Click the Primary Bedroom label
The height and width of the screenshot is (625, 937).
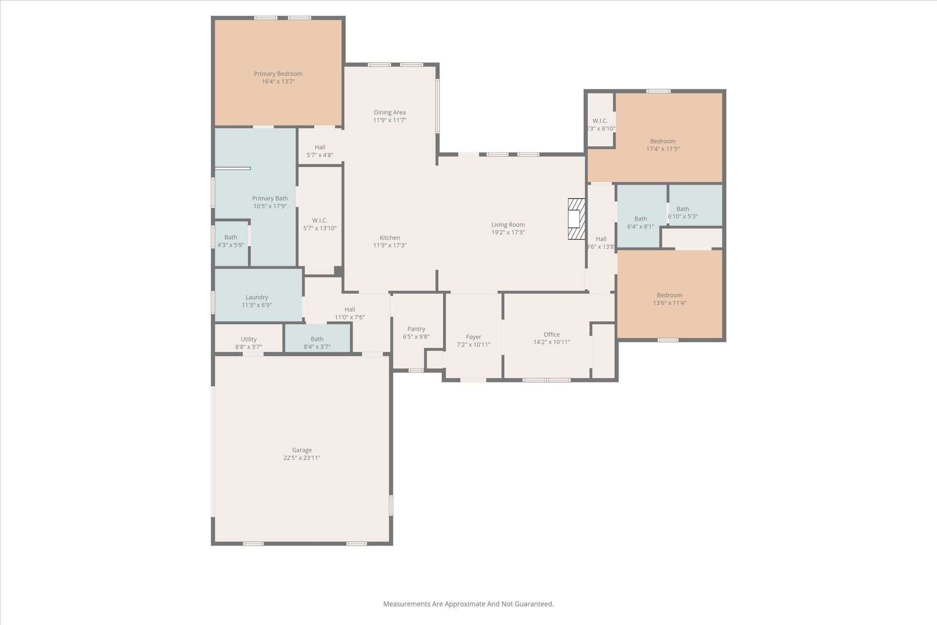(278, 74)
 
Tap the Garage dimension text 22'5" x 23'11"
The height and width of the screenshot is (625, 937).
(302, 458)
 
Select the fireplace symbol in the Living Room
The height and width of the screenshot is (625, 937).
(576, 219)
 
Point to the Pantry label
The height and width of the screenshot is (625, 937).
(416, 329)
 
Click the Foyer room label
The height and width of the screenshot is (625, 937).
(474, 337)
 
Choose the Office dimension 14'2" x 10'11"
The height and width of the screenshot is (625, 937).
(552, 342)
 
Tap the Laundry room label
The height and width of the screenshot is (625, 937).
(257, 297)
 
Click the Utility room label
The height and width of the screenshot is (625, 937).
(249, 339)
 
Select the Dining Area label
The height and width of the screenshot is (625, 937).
(390, 113)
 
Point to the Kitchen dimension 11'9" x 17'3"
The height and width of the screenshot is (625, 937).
(390, 245)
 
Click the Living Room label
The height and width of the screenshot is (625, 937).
(508, 225)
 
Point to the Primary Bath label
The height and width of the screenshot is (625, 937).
(270, 199)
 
